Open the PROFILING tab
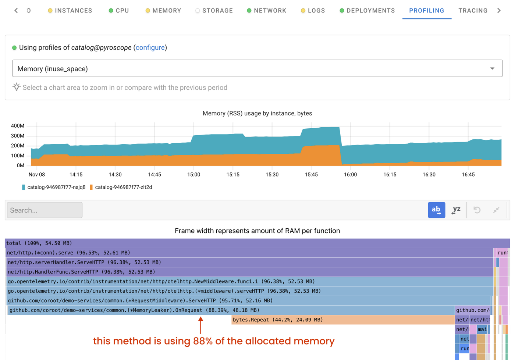426,11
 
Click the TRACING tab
473,11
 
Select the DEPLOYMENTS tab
370,11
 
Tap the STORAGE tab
217,11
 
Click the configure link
150,47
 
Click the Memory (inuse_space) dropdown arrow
492,69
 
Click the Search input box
45,210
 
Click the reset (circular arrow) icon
477,210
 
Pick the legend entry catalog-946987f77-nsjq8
56,187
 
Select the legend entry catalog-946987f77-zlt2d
123,187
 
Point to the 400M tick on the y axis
18,126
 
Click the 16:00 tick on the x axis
350,175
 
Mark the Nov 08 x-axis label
37,175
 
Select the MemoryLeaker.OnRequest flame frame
134,310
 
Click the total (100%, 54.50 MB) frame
39,243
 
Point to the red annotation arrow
200,325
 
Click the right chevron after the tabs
499,11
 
